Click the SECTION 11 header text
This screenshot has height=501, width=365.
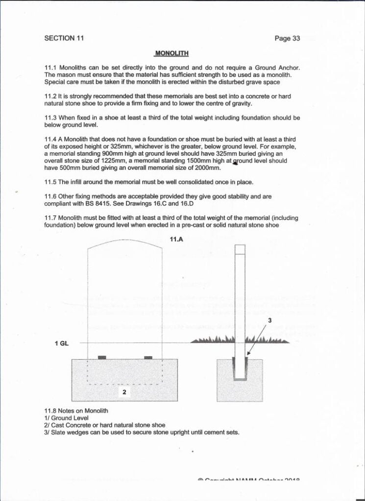63,38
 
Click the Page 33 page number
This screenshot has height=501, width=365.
287,39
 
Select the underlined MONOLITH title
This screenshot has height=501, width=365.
171,53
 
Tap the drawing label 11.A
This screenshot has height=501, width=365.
176,239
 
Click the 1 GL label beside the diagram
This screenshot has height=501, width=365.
62,343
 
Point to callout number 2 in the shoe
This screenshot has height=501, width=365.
124,392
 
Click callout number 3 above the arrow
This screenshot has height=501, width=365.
268,320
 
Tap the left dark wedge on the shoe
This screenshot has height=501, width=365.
102,358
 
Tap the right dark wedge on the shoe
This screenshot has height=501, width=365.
148,358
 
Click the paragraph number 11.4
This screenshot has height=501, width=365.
50,139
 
